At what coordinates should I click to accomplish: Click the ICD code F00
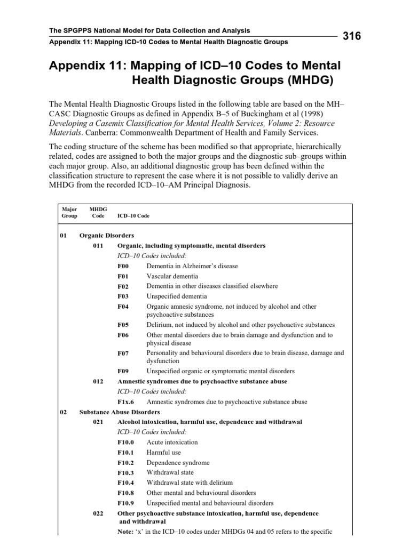123,266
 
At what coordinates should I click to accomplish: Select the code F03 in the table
123,296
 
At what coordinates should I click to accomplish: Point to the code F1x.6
126,402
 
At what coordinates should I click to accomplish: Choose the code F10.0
126,443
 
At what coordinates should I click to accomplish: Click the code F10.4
126,483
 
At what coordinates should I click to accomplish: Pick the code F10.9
126,503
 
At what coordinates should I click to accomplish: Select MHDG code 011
98,246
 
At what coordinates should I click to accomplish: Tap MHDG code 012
98,382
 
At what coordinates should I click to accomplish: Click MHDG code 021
98,422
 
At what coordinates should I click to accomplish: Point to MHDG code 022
98,513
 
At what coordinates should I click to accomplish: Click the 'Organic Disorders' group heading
107,236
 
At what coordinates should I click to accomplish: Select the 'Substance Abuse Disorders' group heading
119,412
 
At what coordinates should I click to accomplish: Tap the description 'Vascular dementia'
172,276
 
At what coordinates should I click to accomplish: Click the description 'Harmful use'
164,453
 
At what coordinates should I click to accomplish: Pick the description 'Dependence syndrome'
178,463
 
